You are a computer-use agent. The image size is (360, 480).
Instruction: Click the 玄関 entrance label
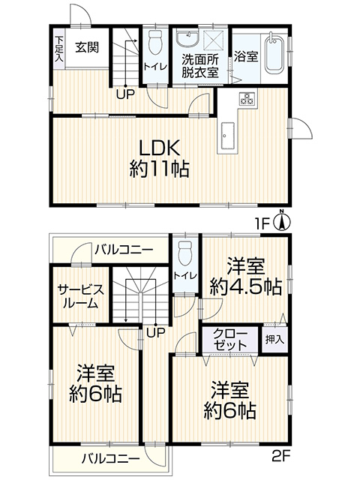(87, 47)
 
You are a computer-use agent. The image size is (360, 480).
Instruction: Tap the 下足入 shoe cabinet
(58, 48)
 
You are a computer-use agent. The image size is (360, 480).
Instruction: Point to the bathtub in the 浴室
(274, 52)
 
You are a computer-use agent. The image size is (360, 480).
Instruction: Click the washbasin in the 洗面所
(187, 40)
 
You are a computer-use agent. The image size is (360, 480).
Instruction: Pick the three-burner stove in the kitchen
(247, 98)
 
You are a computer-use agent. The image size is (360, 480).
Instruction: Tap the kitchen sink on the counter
(226, 136)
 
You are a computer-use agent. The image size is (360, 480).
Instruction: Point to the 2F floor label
(281, 457)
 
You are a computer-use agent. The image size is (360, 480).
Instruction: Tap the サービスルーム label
(81, 296)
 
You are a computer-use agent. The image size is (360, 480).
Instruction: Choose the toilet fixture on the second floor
(184, 253)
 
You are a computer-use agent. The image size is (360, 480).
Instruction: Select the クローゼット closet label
(230, 339)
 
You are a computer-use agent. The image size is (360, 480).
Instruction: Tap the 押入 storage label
(274, 339)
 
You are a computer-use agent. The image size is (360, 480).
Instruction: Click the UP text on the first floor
(125, 94)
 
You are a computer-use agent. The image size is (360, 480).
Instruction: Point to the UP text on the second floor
(155, 332)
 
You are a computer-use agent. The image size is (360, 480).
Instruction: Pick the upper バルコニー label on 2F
(123, 250)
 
